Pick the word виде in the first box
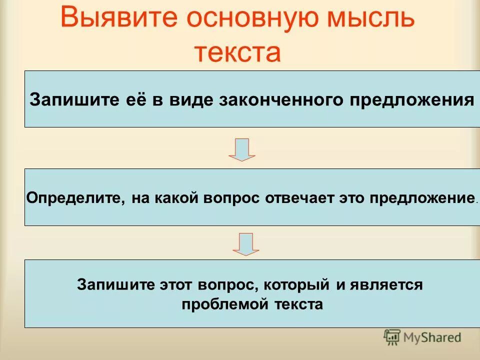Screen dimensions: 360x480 192,99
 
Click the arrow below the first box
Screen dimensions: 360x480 242,149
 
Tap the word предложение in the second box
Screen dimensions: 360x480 421,197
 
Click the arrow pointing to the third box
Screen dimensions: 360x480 246,244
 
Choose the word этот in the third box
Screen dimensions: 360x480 172,285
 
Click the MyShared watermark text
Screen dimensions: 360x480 433,337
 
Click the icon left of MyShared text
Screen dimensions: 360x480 392,337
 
